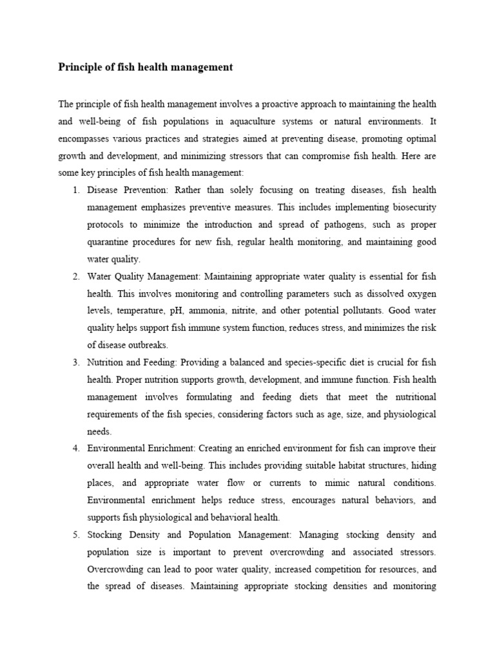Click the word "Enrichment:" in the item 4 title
pyautogui.click(x=170, y=449)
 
